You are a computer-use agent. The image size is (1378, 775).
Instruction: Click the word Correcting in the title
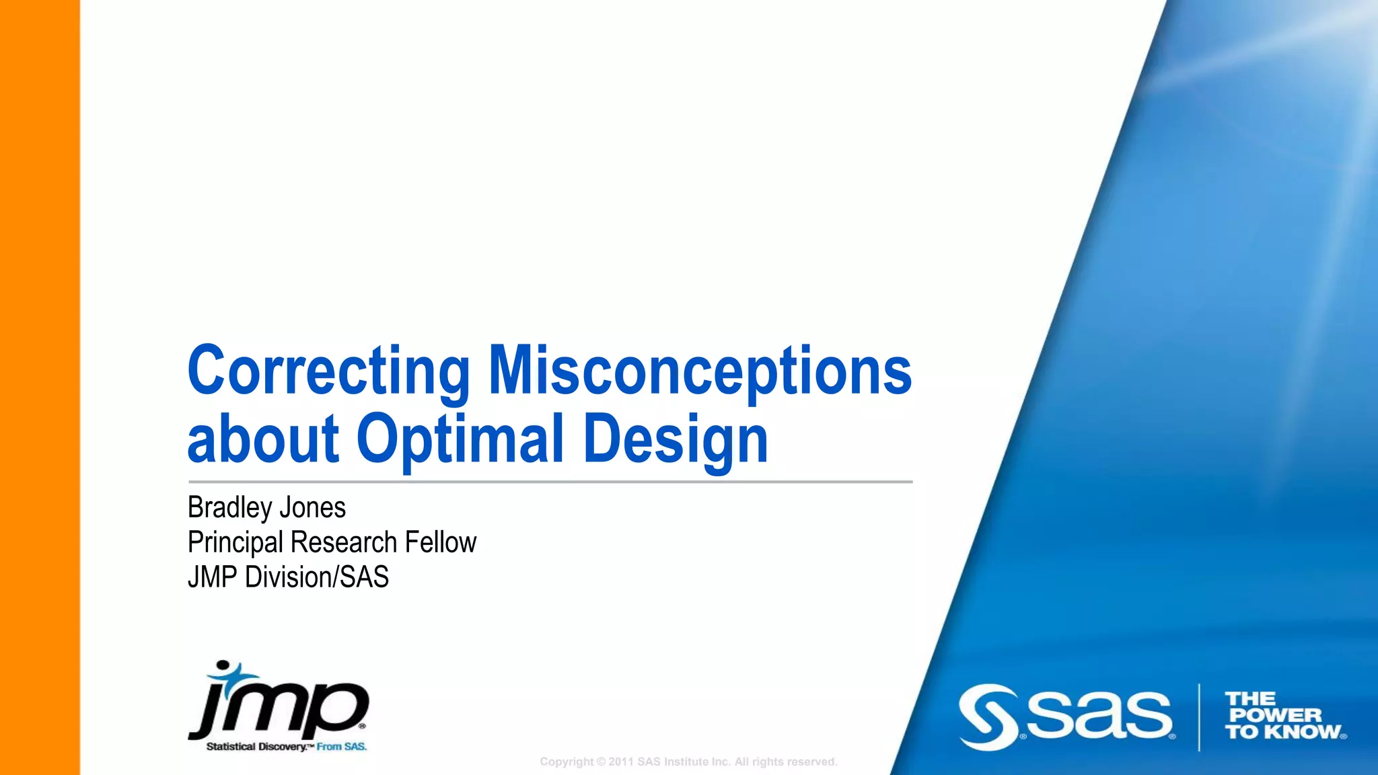[328, 371]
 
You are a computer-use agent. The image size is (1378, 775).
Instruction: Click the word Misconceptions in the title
[700, 371]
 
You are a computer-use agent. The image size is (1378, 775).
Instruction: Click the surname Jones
[312, 507]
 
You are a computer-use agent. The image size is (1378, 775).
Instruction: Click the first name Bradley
[229, 507]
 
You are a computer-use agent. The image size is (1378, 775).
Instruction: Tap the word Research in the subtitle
[344, 542]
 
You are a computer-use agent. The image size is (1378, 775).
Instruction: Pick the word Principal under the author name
[235, 542]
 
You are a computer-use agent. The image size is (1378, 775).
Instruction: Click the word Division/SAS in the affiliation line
[317, 577]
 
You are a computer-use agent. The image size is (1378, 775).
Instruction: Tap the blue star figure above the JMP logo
[232, 673]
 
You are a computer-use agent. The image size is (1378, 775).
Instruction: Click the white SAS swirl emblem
[988, 717]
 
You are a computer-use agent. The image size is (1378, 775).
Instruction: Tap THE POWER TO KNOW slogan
[1282, 716]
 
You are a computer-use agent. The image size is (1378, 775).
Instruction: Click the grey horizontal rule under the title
[550, 482]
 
